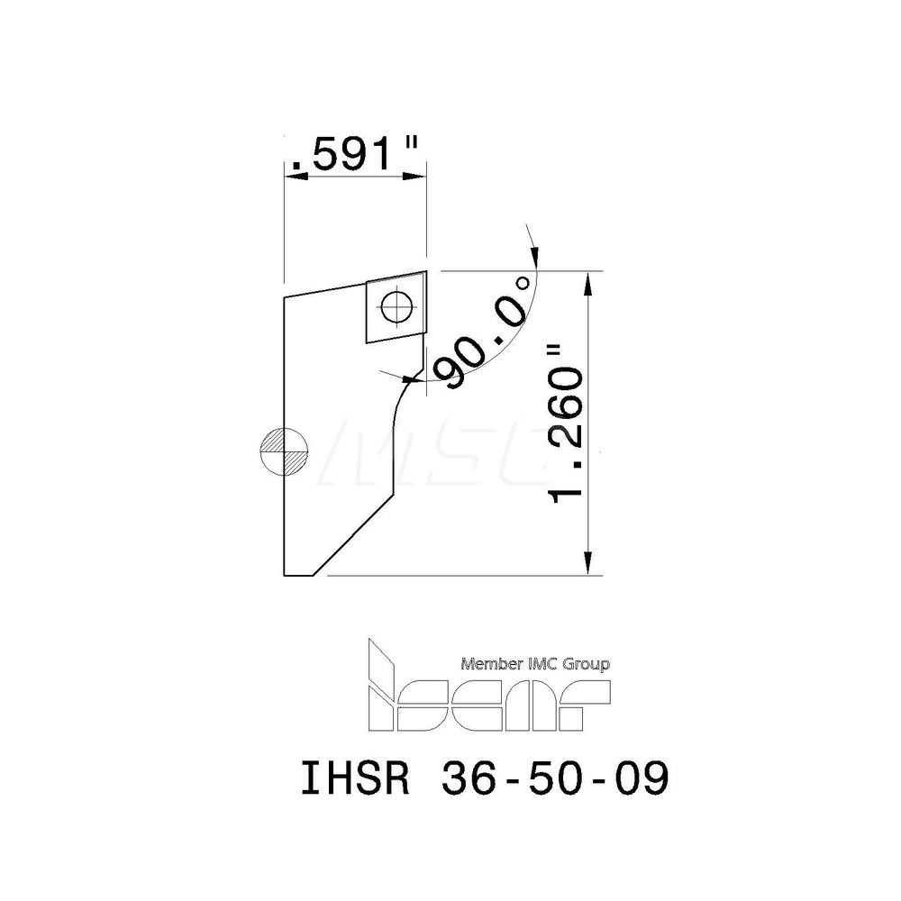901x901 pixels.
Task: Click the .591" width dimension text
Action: tap(355, 156)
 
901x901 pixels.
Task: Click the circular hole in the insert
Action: tap(395, 308)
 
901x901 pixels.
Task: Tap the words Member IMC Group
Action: tap(535, 665)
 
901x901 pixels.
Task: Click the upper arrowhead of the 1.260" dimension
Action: tap(589, 281)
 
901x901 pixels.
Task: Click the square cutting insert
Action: tap(395, 309)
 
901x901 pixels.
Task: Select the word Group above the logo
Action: tap(588, 665)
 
